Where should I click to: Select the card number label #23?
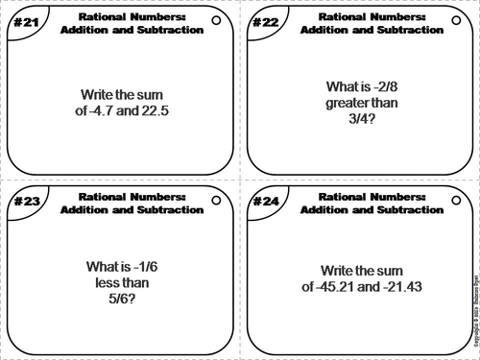click(18, 203)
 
